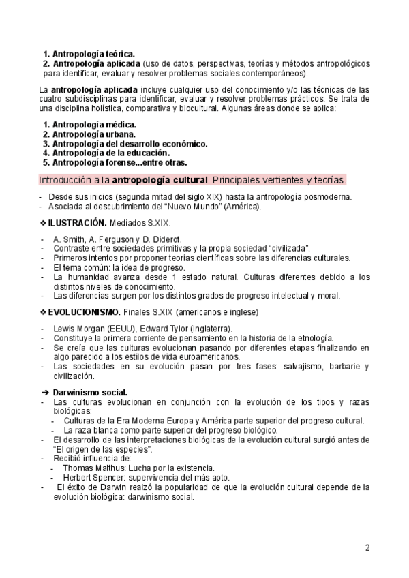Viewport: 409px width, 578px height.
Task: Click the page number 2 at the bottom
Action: [367, 547]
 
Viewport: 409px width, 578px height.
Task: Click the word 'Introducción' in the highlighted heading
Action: [64, 180]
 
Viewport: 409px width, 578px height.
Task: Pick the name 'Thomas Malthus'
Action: [91, 468]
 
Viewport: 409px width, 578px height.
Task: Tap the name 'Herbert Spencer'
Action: [94, 478]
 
